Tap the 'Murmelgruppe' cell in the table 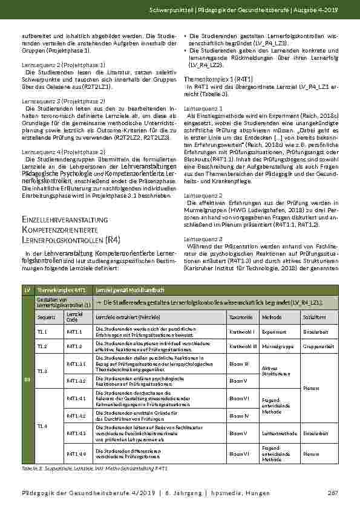point(273,346)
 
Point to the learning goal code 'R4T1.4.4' point(76,453)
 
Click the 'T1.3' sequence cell point(42,371)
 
